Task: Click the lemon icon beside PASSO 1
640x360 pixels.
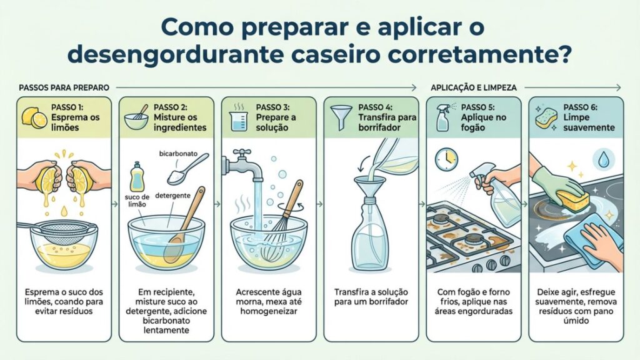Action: [34, 117]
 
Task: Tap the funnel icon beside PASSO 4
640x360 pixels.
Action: [341, 117]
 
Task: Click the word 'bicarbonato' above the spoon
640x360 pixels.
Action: [178, 154]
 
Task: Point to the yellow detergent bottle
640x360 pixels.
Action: [137, 177]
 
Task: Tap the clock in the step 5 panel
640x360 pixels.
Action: [446, 159]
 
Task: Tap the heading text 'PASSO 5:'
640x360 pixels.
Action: [478, 107]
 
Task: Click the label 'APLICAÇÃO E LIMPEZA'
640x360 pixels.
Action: [474, 87]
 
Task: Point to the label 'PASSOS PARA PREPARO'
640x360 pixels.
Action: [64, 87]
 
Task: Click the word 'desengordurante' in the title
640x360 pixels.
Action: [175, 55]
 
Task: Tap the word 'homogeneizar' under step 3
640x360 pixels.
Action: [269, 311]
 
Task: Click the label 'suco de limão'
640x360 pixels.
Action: [137, 201]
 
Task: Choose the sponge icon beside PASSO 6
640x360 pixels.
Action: [546, 117]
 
